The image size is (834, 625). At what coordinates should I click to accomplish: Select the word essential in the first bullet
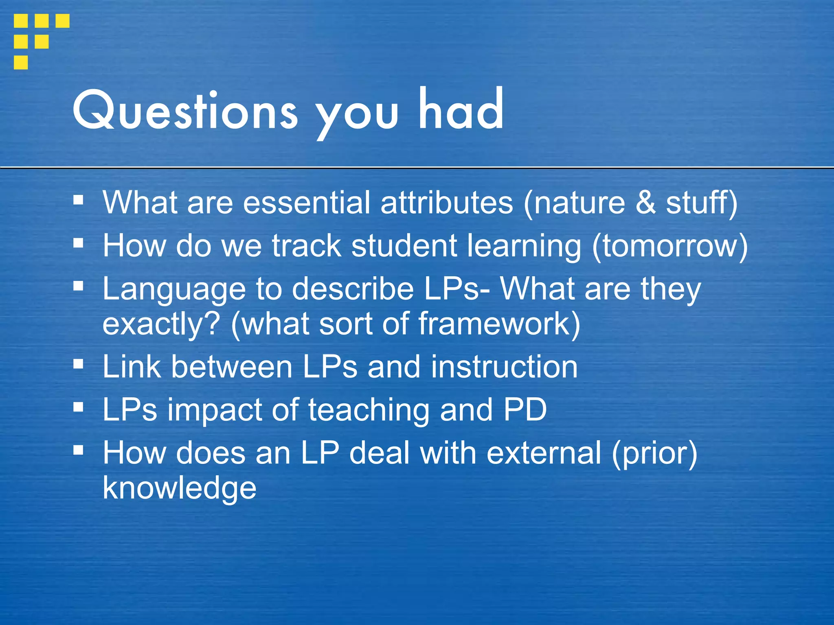[307, 203]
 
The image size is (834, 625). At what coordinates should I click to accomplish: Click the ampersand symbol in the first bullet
[645, 203]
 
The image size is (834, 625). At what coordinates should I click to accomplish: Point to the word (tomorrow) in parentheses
[670, 246]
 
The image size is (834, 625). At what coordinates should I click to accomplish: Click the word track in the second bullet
[306, 246]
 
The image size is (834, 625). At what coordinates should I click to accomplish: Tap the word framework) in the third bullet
[499, 324]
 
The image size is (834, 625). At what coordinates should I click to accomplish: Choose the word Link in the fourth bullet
[132, 367]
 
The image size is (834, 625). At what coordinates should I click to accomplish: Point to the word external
[544, 453]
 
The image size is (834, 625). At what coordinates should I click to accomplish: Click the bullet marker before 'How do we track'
[79, 243]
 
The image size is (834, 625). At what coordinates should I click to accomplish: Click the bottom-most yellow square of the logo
[21, 62]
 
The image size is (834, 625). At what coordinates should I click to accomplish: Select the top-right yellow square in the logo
[62, 21]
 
